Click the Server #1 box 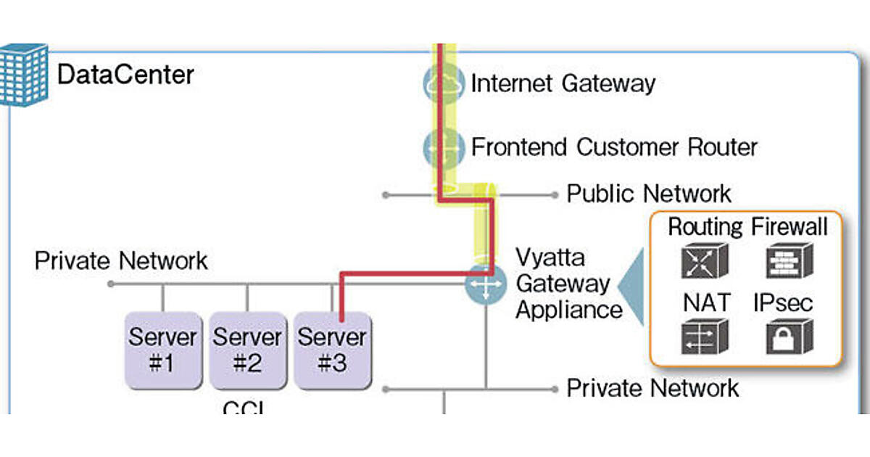pyautogui.click(x=162, y=350)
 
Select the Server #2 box pyautogui.click(x=247, y=350)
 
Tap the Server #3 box pyautogui.click(x=332, y=350)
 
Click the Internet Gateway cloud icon pyautogui.click(x=443, y=83)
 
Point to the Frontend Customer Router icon pyautogui.click(x=443, y=147)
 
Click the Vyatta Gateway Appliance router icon pyautogui.click(x=485, y=284)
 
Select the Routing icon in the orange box pyautogui.click(x=704, y=261)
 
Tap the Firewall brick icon pyautogui.click(x=789, y=261)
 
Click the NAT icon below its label pyautogui.click(x=704, y=337)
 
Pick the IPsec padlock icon pyautogui.click(x=789, y=337)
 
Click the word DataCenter pyautogui.click(x=125, y=75)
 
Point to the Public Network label pyautogui.click(x=649, y=194)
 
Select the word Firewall pyautogui.click(x=789, y=227)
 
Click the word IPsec pyautogui.click(x=783, y=302)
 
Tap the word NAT pyautogui.click(x=705, y=302)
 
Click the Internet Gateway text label pyautogui.click(x=563, y=83)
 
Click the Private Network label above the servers pyautogui.click(x=121, y=260)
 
